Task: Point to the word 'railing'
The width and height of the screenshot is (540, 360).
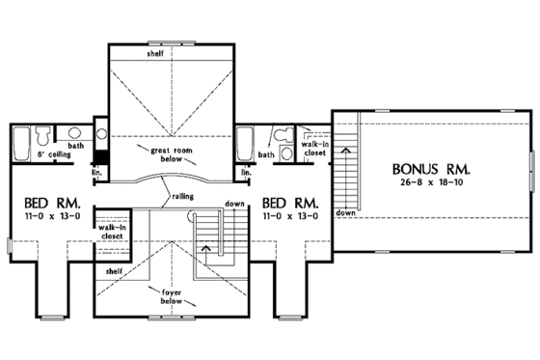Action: click(183, 196)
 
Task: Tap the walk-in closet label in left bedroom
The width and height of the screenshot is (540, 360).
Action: click(109, 235)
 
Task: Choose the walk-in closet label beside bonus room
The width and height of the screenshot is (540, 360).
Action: click(315, 147)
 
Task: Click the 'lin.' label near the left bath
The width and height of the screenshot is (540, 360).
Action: click(96, 173)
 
